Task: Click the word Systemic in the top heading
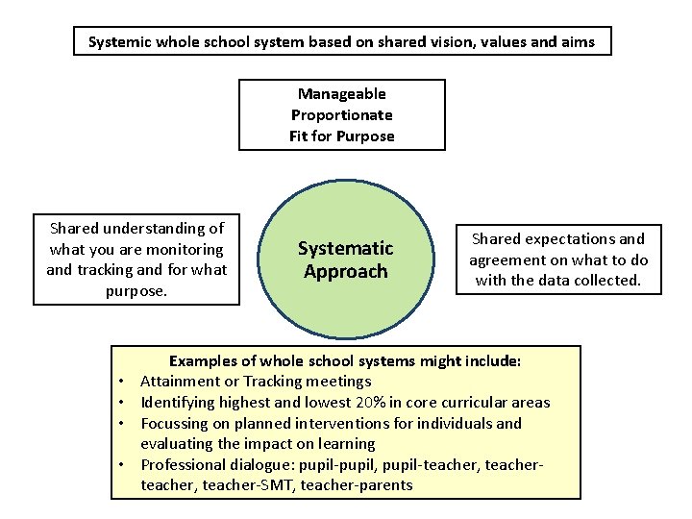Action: [119, 42]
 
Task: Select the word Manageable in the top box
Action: [342, 94]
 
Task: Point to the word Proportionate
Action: [342, 115]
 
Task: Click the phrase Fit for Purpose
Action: [342, 136]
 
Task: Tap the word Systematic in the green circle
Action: [345, 249]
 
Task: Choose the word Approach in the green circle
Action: [345, 271]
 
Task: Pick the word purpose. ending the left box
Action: [136, 290]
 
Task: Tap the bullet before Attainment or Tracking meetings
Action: [125, 383]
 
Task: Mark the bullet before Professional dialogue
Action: [125, 465]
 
